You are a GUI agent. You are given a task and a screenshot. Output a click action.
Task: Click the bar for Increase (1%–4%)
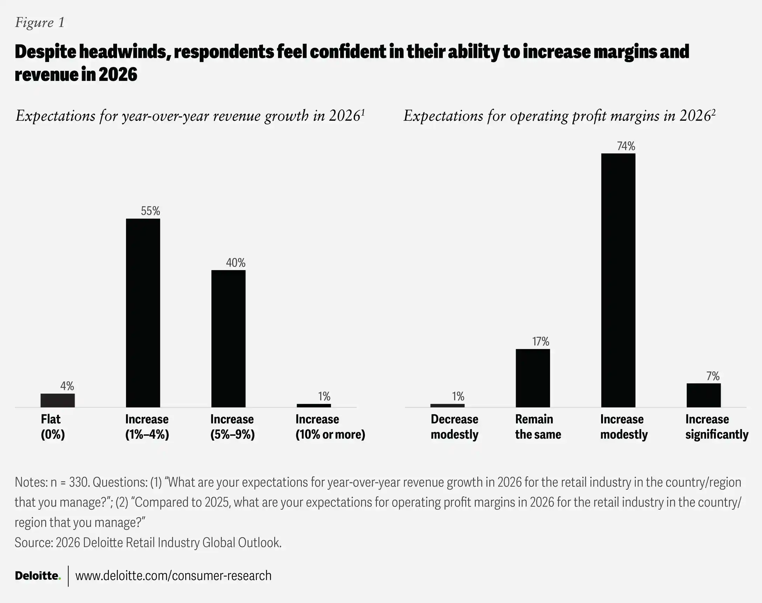[x=143, y=313]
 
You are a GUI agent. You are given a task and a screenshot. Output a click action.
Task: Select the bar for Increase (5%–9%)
[x=228, y=339]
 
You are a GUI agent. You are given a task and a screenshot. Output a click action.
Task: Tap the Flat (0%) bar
[x=57, y=400]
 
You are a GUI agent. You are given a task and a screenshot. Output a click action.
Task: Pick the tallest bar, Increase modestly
[x=618, y=280]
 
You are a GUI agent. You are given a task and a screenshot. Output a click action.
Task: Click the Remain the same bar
[x=533, y=378]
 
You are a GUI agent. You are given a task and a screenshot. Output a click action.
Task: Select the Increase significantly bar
[x=703, y=395]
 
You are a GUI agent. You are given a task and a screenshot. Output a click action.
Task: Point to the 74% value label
[x=626, y=146]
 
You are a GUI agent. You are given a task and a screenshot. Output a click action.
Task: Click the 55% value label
[x=150, y=211]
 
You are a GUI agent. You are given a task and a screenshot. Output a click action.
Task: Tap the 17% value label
[x=541, y=341]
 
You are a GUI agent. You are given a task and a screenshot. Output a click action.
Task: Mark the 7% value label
[x=713, y=376]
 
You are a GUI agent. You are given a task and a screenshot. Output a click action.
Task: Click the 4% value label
[x=67, y=386]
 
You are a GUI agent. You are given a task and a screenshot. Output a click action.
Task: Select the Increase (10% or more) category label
[x=330, y=426]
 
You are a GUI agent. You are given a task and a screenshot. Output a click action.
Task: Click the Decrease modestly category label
[x=454, y=426]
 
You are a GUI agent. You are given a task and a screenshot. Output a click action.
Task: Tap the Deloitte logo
[x=38, y=576]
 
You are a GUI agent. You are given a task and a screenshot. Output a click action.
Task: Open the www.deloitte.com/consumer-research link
[x=173, y=576]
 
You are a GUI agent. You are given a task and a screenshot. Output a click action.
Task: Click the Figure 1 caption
[x=40, y=22]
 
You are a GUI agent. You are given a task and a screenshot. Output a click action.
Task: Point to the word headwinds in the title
[x=122, y=52]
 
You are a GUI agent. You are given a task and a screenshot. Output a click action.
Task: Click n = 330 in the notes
[x=69, y=482]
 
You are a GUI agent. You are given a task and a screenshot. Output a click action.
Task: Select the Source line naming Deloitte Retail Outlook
[x=148, y=543]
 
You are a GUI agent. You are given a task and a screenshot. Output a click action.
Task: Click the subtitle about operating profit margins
[x=559, y=116]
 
